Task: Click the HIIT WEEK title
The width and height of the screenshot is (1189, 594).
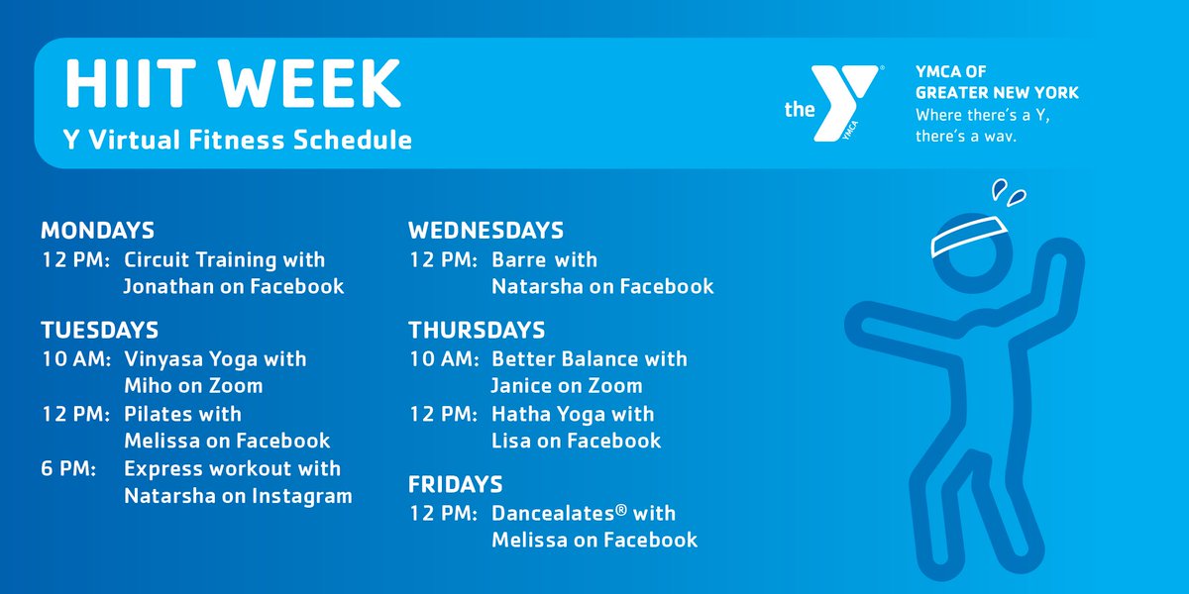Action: (x=232, y=84)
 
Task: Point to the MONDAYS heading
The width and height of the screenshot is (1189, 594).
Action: (x=97, y=232)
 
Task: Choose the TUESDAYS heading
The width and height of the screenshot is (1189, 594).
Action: (x=99, y=330)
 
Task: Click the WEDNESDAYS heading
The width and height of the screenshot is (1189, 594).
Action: (x=486, y=232)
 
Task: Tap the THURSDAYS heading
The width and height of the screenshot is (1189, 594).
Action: (x=477, y=330)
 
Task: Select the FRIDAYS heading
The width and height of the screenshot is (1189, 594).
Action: (x=455, y=485)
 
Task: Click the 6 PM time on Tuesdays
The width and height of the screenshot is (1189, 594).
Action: (x=68, y=468)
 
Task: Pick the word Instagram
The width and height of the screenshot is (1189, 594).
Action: (x=302, y=496)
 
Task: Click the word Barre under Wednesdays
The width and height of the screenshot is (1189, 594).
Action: (x=519, y=260)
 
